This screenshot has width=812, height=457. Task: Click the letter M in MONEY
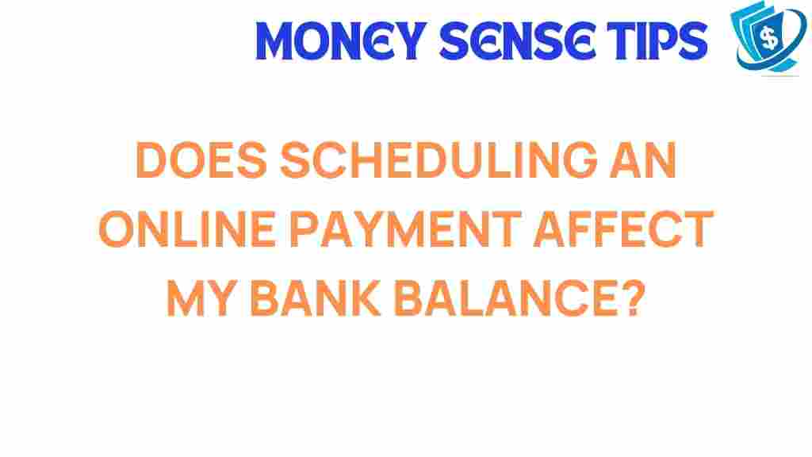[x=279, y=41]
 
